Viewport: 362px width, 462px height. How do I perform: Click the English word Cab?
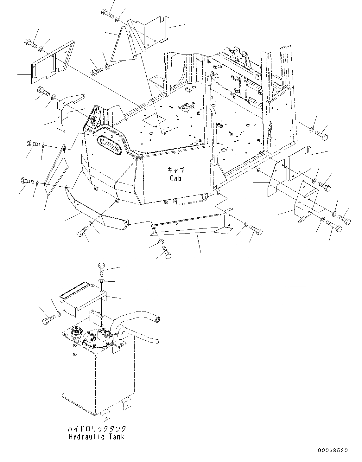[175, 178]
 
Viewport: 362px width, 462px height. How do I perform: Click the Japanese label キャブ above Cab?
[175, 170]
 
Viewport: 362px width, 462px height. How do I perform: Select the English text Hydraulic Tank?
[97, 437]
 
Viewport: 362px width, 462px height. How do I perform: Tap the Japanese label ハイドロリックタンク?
[97, 429]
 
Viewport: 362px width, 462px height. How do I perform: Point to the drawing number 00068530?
[333, 450]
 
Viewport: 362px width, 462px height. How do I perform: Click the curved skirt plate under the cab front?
[95, 211]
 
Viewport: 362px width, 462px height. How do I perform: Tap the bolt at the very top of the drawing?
[108, 13]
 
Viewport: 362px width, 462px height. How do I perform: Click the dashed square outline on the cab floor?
[154, 120]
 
